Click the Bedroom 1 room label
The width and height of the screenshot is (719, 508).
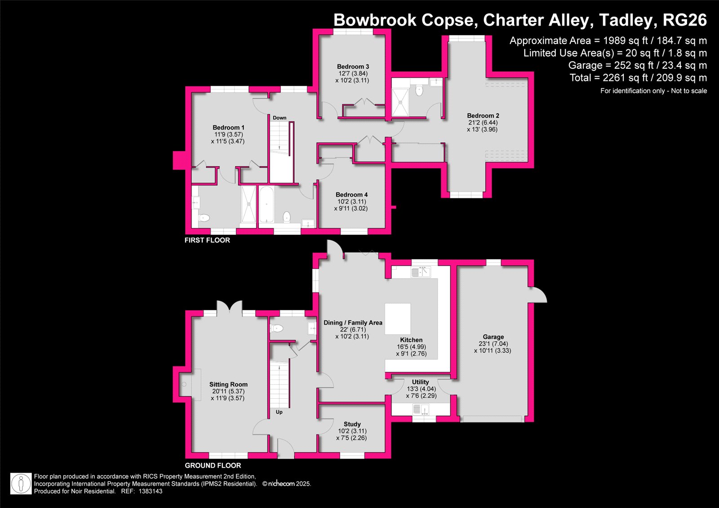[x=228, y=128]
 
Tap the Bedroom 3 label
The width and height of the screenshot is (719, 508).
[x=353, y=67]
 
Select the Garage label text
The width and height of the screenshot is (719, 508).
[x=493, y=337]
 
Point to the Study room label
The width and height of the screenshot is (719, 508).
[x=352, y=424]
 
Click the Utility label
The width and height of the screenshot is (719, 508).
[x=420, y=382]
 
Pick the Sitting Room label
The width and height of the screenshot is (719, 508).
[x=228, y=384]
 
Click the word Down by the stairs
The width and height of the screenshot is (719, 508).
[x=280, y=118]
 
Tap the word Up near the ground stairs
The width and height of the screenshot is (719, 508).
[x=279, y=412]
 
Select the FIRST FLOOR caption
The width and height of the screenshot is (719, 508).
[x=207, y=240]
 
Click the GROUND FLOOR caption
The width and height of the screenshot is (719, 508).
[x=213, y=465]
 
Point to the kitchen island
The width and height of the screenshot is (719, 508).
[x=398, y=319]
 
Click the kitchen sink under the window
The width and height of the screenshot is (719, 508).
[x=421, y=272]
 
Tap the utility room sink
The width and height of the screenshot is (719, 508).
[x=421, y=410]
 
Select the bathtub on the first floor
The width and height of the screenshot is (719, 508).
[x=266, y=205]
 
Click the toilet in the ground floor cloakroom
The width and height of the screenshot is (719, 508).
[x=276, y=328]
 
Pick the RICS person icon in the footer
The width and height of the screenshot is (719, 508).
[x=21, y=484]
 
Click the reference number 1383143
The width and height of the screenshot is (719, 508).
[x=151, y=491]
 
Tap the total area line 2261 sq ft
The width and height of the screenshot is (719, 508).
[x=638, y=78]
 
